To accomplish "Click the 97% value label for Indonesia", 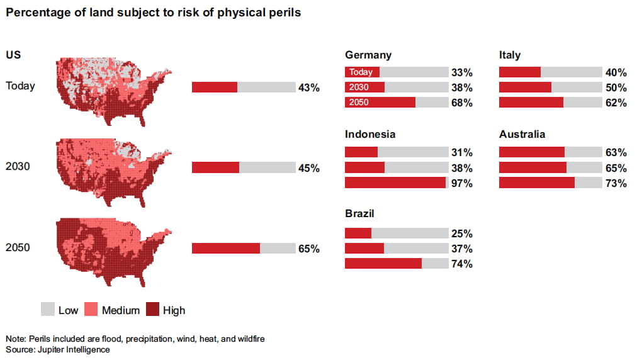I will click(x=461, y=183).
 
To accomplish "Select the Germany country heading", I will click(x=368, y=55).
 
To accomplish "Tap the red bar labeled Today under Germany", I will click(x=363, y=72).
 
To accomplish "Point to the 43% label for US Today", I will click(x=308, y=87).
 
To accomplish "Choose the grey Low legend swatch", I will click(x=48, y=310).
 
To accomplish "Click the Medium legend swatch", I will click(x=90, y=310).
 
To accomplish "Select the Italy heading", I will click(x=510, y=55).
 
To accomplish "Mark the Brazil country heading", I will click(x=359, y=214).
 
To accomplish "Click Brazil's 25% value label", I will click(x=461, y=233).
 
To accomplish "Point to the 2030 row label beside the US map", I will click(x=18, y=167).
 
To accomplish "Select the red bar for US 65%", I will click(x=226, y=249).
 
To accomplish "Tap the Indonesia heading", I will click(x=370, y=135).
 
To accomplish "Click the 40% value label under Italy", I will click(x=616, y=72).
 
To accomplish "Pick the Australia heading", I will click(x=522, y=135).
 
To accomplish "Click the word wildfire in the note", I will click(x=251, y=339).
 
